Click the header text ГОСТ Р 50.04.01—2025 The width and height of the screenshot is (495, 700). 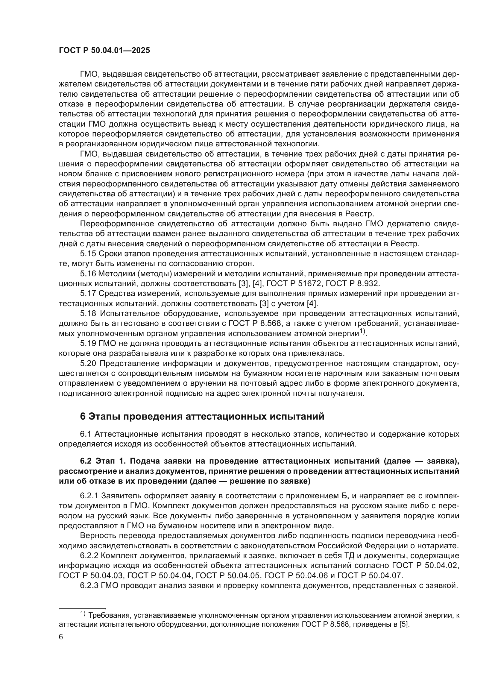pyautogui.click(x=104, y=51)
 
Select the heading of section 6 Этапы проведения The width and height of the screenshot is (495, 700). pyautogui.click(x=202, y=416)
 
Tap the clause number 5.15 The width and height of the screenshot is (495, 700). pyautogui.click(x=88, y=254)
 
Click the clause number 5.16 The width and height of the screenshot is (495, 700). pyautogui.click(x=88, y=274)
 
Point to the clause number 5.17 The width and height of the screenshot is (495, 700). pyautogui.click(x=88, y=293)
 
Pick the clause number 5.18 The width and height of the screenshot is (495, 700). pyautogui.click(x=88, y=313)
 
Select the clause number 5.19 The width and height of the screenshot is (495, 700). pyautogui.click(x=88, y=343)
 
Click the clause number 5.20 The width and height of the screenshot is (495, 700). pyautogui.click(x=88, y=363)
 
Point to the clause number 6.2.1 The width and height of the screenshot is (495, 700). pyautogui.click(x=89, y=495)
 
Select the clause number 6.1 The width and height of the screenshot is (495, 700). pyautogui.click(x=86, y=434)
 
